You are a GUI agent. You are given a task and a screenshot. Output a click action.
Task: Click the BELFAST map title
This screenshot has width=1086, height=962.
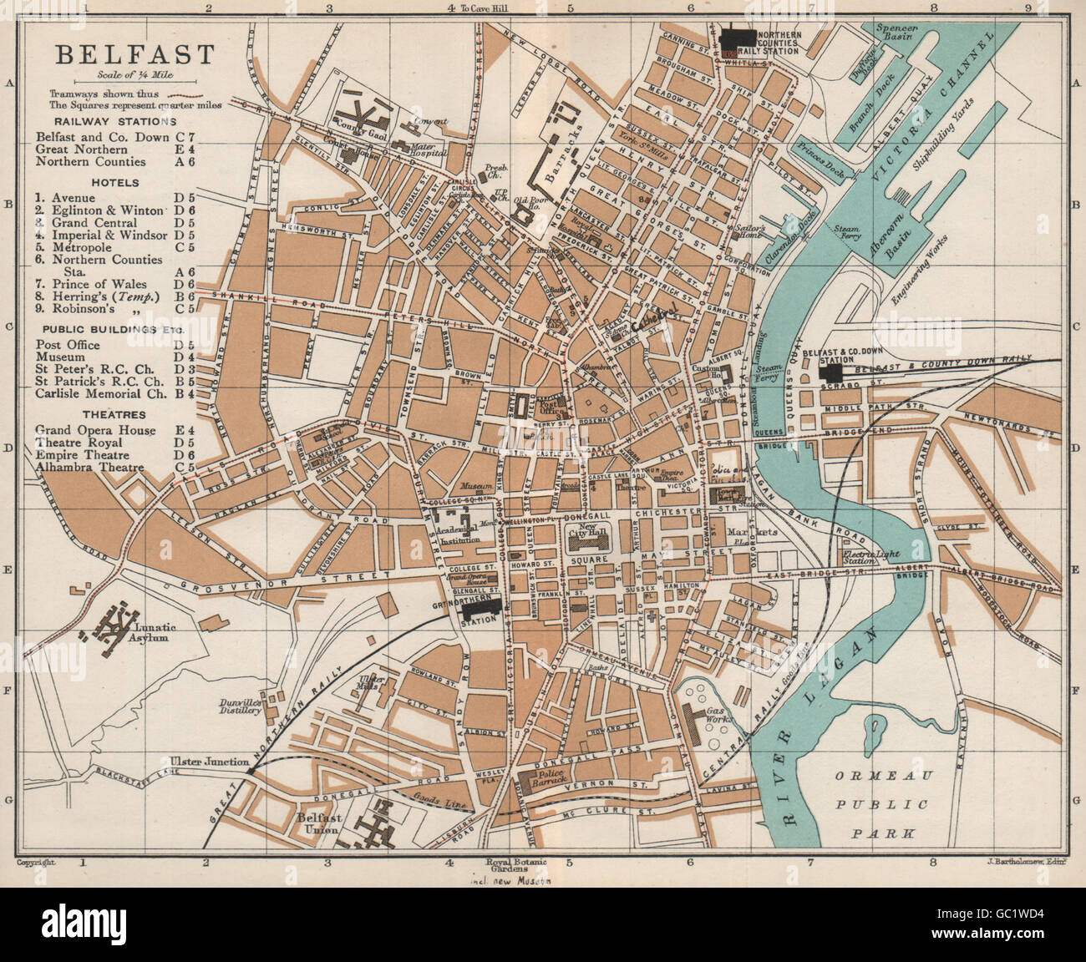134,55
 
